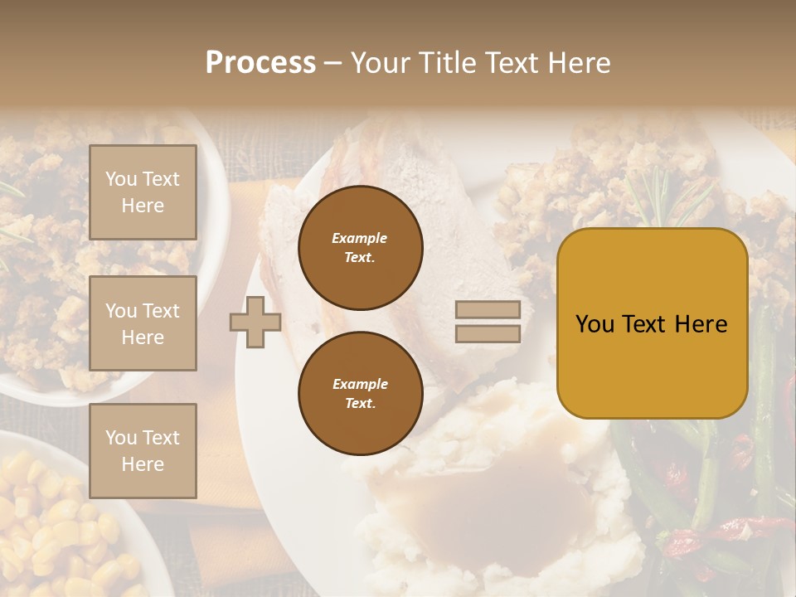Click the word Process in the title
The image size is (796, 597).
pyautogui.click(x=260, y=64)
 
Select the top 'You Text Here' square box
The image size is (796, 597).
pyautogui.click(x=143, y=192)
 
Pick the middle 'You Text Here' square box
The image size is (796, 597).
pyautogui.click(x=143, y=323)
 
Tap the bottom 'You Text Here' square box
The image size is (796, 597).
pyautogui.click(x=143, y=450)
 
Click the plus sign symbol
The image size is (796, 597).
pyautogui.click(x=255, y=322)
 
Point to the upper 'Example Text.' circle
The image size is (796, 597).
pyautogui.click(x=360, y=247)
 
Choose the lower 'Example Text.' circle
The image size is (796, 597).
pyautogui.click(x=360, y=393)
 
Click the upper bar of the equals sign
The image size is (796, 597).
pyautogui.click(x=488, y=309)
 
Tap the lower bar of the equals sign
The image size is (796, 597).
pyautogui.click(x=488, y=333)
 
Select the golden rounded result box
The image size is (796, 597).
pyautogui.click(x=652, y=323)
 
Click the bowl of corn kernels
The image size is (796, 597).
pyautogui.click(x=58, y=531)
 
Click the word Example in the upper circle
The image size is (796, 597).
pyautogui.click(x=359, y=238)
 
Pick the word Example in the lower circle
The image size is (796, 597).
pyautogui.click(x=359, y=384)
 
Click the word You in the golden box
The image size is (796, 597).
pyautogui.click(x=595, y=324)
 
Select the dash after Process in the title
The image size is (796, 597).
pyautogui.click(x=333, y=64)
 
